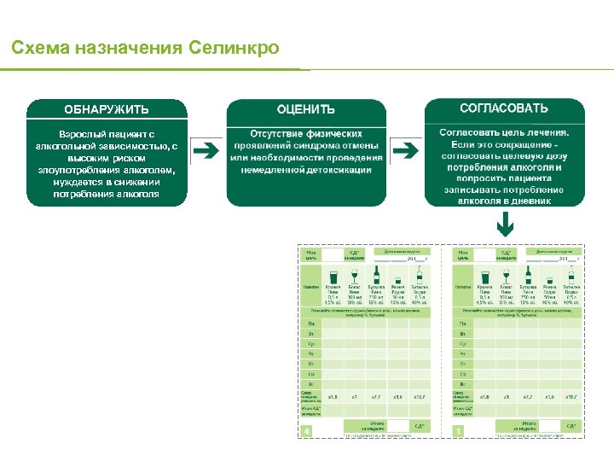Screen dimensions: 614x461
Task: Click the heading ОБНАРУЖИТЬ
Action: point(107,109)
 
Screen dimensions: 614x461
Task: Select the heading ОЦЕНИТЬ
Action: point(306,109)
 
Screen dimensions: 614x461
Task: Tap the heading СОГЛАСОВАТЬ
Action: point(504,108)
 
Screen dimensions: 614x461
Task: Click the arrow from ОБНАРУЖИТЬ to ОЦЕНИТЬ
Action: point(206,152)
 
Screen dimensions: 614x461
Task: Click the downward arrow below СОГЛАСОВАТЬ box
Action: point(505,224)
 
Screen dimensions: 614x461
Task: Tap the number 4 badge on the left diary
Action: point(307,431)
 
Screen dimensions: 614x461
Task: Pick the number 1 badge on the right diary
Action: point(459,431)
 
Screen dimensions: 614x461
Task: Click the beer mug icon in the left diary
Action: point(332,276)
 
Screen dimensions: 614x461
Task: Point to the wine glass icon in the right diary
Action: point(506,276)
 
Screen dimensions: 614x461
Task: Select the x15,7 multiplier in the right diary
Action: point(571,397)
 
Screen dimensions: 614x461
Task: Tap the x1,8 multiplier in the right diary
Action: point(484,397)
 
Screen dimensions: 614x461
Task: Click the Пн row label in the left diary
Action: point(311,323)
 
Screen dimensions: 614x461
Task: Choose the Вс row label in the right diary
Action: point(463,384)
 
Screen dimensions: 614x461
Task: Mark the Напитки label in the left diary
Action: point(310,287)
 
